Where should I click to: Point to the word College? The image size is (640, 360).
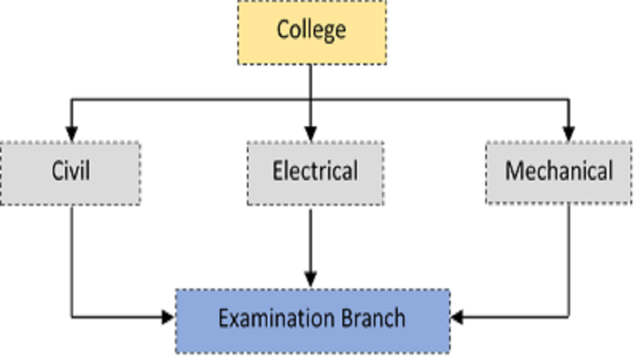(x=311, y=29)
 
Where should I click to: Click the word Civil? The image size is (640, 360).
(x=70, y=171)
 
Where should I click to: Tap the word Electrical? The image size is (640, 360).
(x=315, y=171)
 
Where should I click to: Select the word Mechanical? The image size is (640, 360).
(x=558, y=171)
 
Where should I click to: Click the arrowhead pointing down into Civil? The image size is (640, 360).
(x=71, y=134)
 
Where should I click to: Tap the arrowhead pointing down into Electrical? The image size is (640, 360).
(x=311, y=134)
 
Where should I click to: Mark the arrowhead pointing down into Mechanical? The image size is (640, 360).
(x=569, y=134)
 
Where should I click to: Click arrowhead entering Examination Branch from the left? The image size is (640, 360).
(x=169, y=318)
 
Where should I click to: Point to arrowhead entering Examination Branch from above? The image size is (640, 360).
(x=311, y=279)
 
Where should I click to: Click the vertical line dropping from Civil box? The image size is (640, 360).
(x=72, y=261)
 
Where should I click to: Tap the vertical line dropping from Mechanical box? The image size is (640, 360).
(x=569, y=261)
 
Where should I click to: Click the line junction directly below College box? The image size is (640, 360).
(x=311, y=99)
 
